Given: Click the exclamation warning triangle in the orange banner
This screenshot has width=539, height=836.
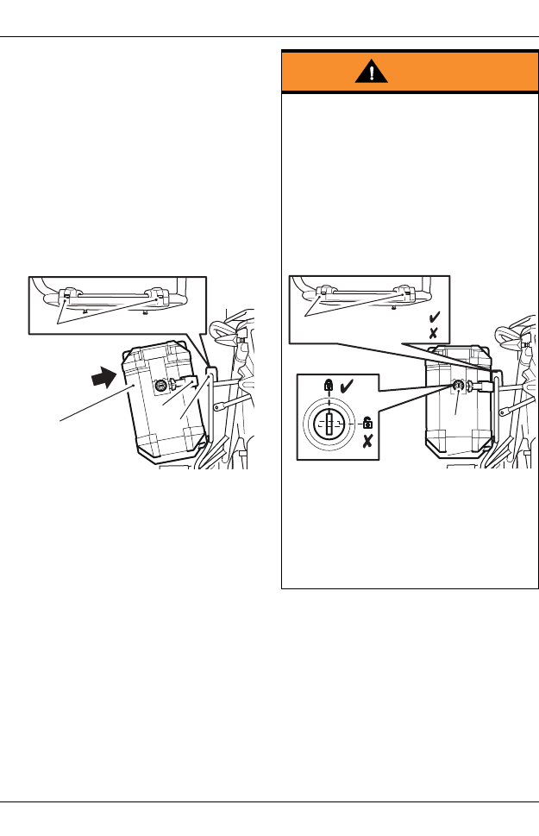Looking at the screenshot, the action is pyautogui.click(x=371, y=72).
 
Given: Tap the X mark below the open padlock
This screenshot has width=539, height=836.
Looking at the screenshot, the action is pyautogui.click(x=367, y=442).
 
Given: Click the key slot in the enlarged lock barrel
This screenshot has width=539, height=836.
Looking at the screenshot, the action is pyautogui.click(x=329, y=424).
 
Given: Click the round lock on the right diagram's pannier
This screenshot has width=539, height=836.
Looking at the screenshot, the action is pyautogui.click(x=459, y=385).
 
